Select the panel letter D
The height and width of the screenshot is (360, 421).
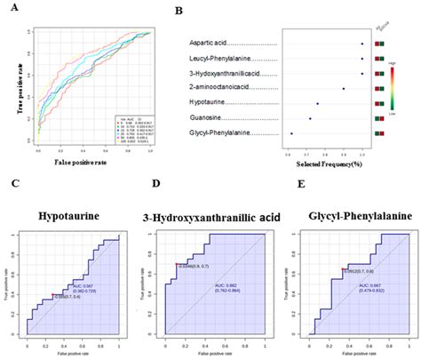156,184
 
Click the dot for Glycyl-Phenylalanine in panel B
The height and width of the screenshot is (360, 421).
291,133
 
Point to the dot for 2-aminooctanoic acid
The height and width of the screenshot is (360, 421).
344,89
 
